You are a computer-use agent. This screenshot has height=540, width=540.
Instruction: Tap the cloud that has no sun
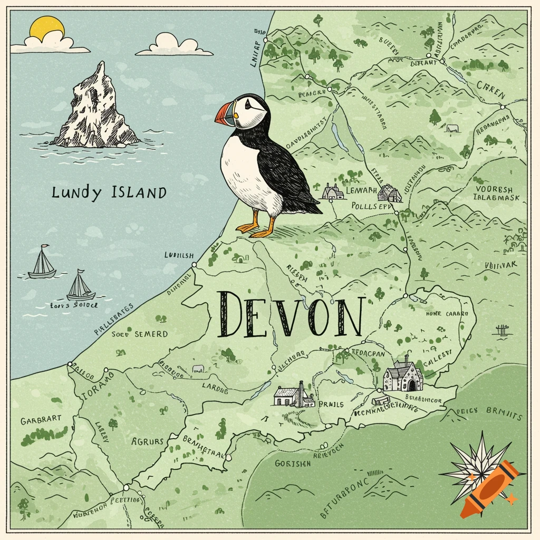(x=174, y=45)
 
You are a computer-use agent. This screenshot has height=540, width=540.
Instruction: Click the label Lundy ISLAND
(x=109, y=193)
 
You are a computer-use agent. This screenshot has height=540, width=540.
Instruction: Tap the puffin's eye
(x=248, y=107)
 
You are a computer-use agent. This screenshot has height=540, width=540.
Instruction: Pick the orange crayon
(x=488, y=488)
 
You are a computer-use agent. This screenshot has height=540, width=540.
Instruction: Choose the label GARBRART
(x=41, y=420)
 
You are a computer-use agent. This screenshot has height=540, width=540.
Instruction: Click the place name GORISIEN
(x=293, y=463)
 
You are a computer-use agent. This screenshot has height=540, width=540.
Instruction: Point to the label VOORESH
(x=494, y=189)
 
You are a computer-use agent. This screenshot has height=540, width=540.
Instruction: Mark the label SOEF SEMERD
(x=140, y=334)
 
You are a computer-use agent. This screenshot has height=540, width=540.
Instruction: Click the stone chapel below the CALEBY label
(x=402, y=374)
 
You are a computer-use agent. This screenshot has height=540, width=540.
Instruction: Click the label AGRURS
(x=148, y=442)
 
